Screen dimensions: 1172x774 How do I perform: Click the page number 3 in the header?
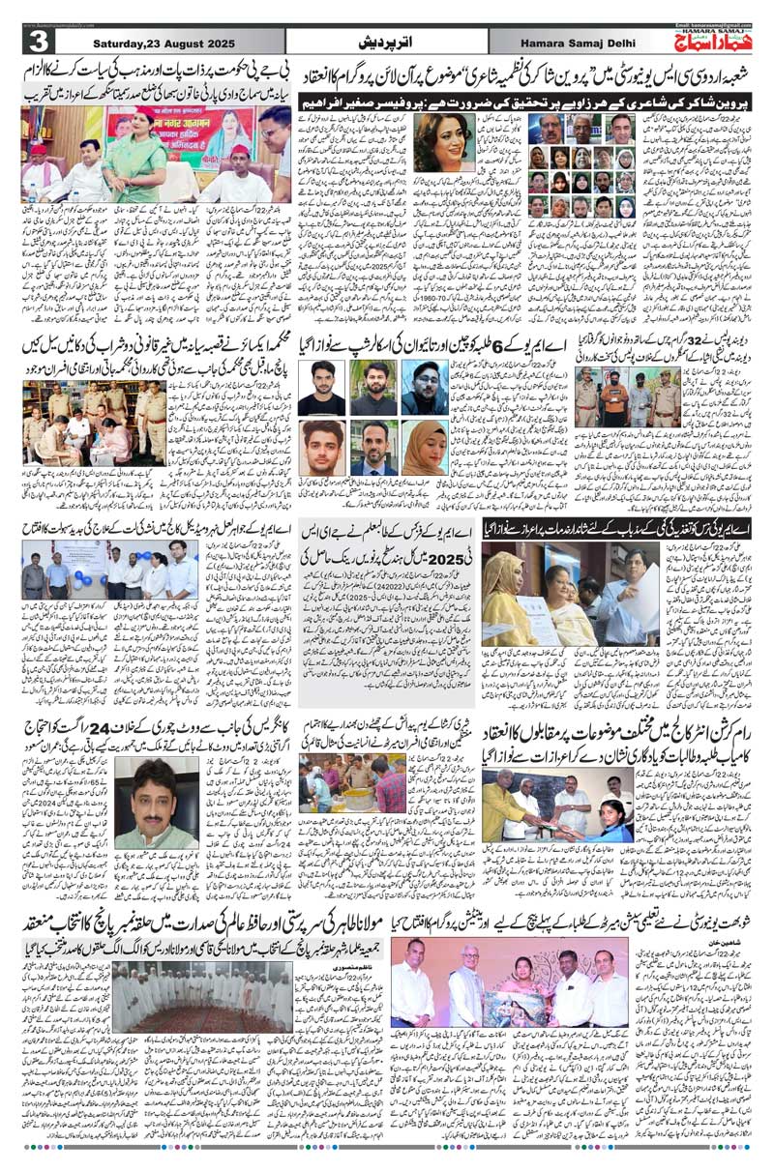pyautogui.click(x=38, y=43)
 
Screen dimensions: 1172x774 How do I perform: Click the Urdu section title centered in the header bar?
pyautogui.click(x=386, y=44)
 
